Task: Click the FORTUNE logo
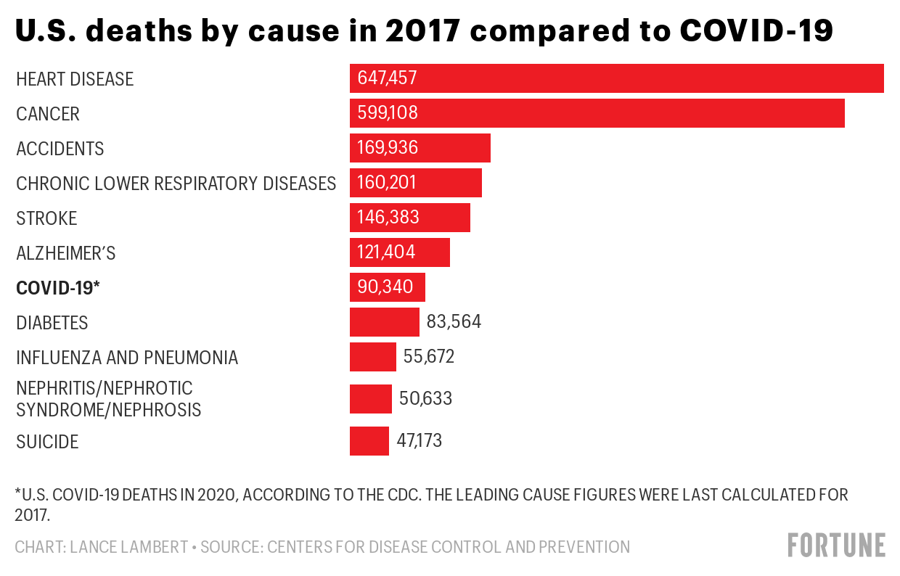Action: click(837, 545)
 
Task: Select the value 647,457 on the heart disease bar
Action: click(388, 78)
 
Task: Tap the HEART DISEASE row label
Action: click(75, 79)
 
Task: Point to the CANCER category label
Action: click(48, 114)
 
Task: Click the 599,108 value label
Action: click(388, 113)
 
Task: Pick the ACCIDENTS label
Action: click(60, 149)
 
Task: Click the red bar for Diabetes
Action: click(384, 322)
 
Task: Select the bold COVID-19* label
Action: click(57, 288)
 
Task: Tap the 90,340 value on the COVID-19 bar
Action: click(385, 287)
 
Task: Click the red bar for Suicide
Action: click(369, 441)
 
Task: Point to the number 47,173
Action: click(419, 440)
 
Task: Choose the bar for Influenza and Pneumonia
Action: click(372, 357)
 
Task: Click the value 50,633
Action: click(425, 398)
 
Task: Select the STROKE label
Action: click(46, 218)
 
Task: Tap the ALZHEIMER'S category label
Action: click(66, 253)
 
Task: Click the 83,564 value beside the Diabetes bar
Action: click(454, 321)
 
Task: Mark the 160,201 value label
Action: click(387, 183)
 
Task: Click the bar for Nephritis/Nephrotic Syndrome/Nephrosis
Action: click(370, 399)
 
